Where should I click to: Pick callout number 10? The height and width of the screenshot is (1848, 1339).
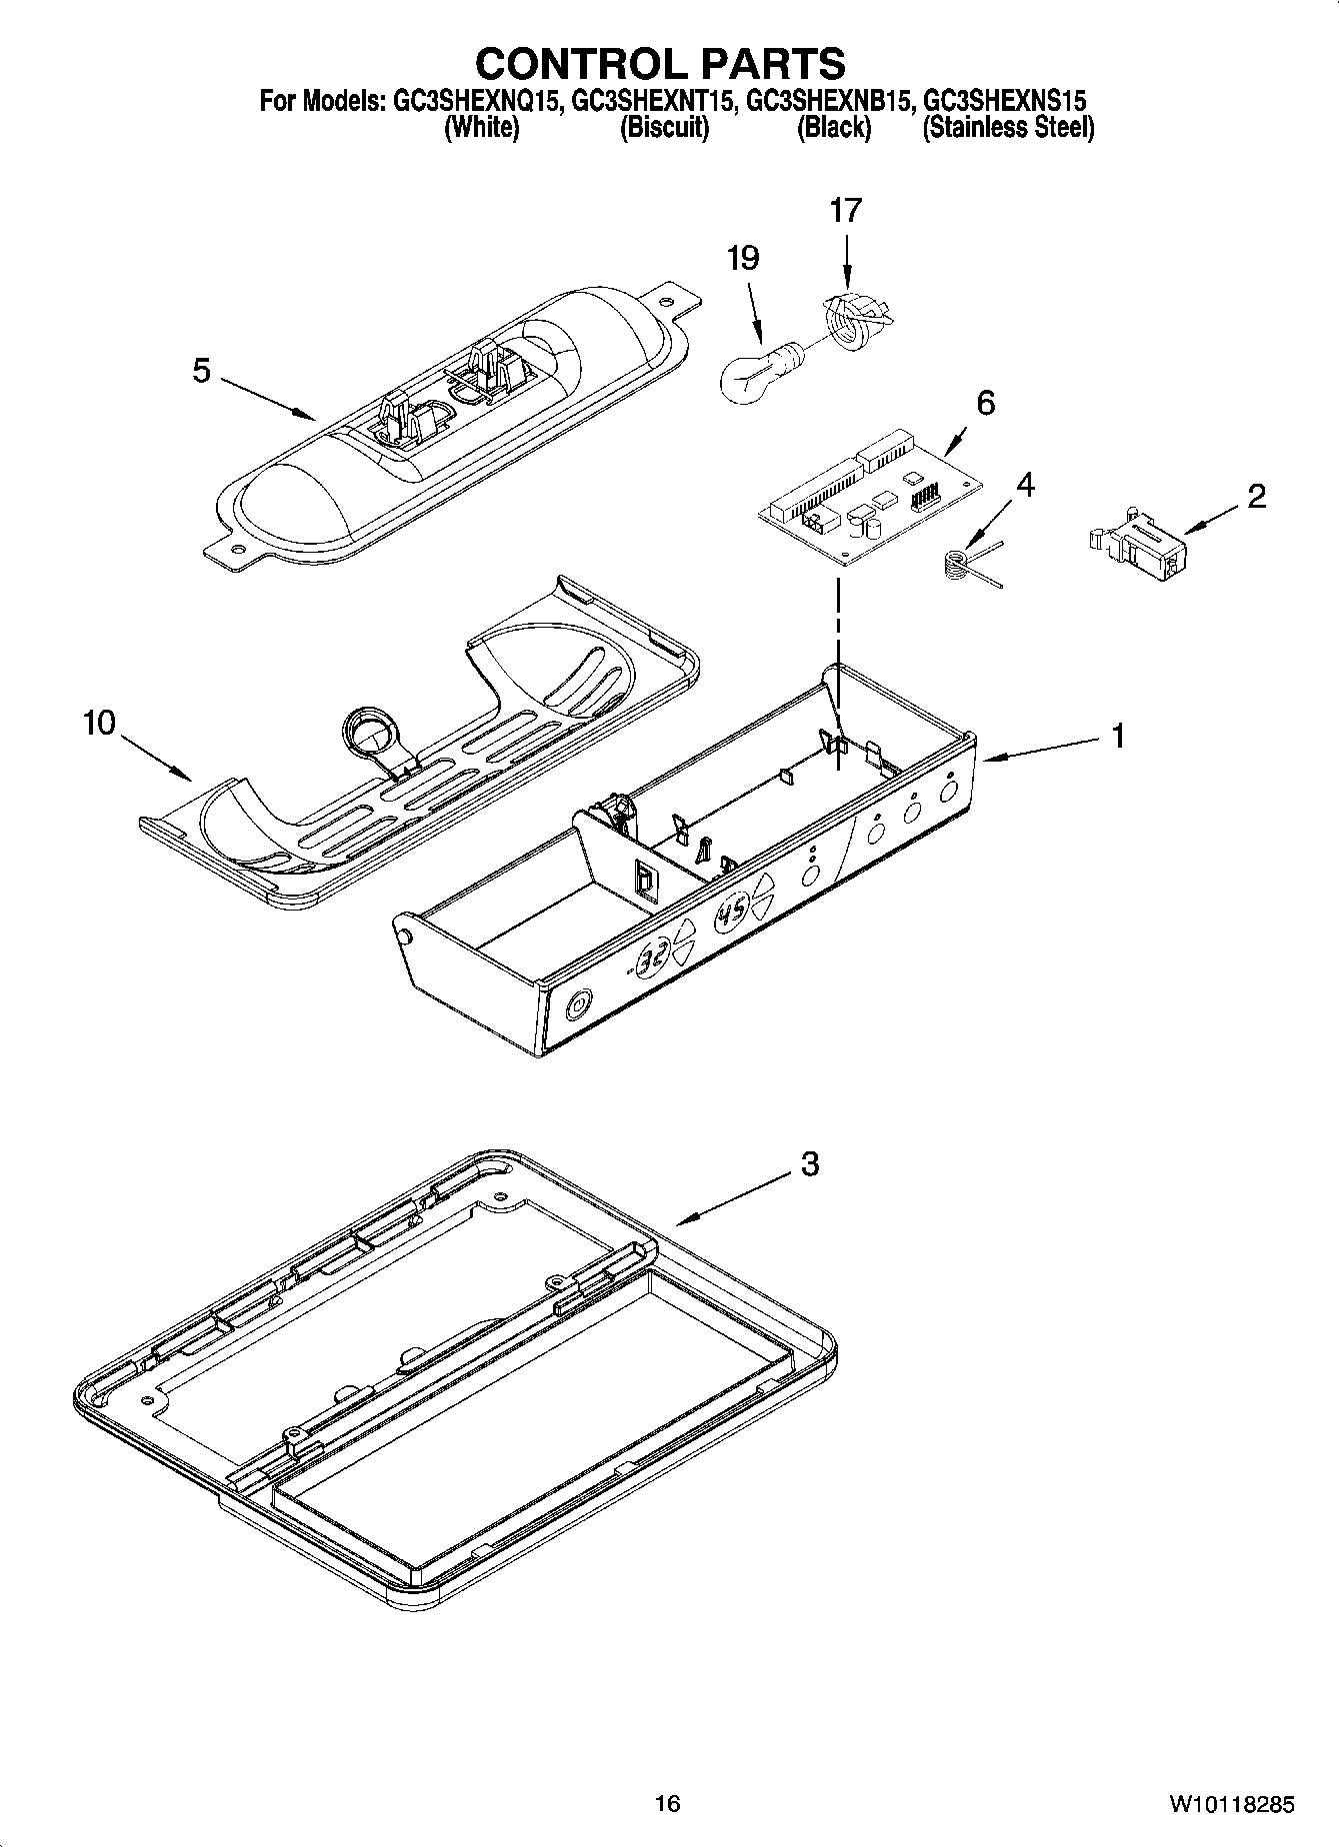pyautogui.click(x=99, y=723)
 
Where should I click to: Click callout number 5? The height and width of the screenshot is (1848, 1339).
pyautogui.click(x=202, y=371)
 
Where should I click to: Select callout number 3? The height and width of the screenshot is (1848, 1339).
pyautogui.click(x=809, y=1163)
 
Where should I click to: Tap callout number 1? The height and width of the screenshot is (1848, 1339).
pyautogui.click(x=1118, y=737)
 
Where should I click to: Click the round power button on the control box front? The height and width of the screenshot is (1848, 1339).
pyautogui.click(x=579, y=1003)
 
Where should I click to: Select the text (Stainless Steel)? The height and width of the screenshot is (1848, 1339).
pyautogui.click(x=1007, y=128)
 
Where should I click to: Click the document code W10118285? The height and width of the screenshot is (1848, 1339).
pyautogui.click(x=1231, y=1805)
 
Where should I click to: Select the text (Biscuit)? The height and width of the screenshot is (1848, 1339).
pyautogui.click(x=664, y=128)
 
